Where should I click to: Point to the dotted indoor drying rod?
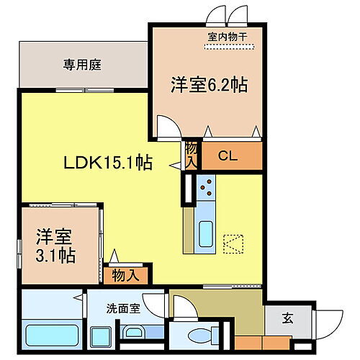coord(230,48)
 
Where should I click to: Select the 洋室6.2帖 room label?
coord(209,85)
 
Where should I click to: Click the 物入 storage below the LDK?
coord(126,275)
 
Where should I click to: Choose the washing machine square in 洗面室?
coord(102,336)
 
